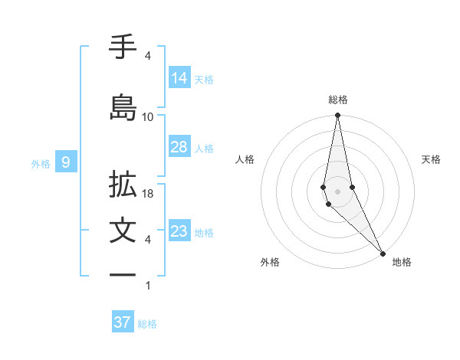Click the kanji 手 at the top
123,47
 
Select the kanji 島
123,107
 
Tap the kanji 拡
123,185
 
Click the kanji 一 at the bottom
123,274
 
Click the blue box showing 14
179,77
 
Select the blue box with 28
179,147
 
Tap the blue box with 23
179,231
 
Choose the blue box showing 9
66,162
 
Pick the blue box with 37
123,322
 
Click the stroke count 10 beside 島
148,116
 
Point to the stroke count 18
148,195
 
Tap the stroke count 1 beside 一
148,285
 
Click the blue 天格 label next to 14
204,79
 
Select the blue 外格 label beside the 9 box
41,163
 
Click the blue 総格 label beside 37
147,324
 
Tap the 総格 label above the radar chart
338,100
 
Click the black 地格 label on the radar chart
402,262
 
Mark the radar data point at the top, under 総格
337,116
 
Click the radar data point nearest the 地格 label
383,252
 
